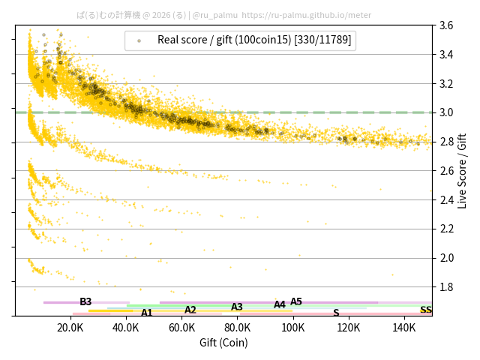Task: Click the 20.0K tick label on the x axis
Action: click(70, 328)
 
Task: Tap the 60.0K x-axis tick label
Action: click(181, 328)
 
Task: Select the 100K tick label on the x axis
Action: click(293, 328)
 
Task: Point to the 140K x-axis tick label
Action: click(404, 328)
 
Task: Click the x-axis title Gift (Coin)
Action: click(223, 343)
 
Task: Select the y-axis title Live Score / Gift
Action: click(462, 170)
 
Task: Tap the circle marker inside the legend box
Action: click(139, 40)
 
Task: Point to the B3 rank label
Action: click(85, 301)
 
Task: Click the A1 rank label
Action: click(147, 313)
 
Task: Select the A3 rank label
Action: click(237, 307)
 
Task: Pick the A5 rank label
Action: click(296, 301)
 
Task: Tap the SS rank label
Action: click(426, 310)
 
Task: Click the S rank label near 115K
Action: click(336, 313)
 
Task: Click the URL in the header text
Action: click(307, 14)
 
